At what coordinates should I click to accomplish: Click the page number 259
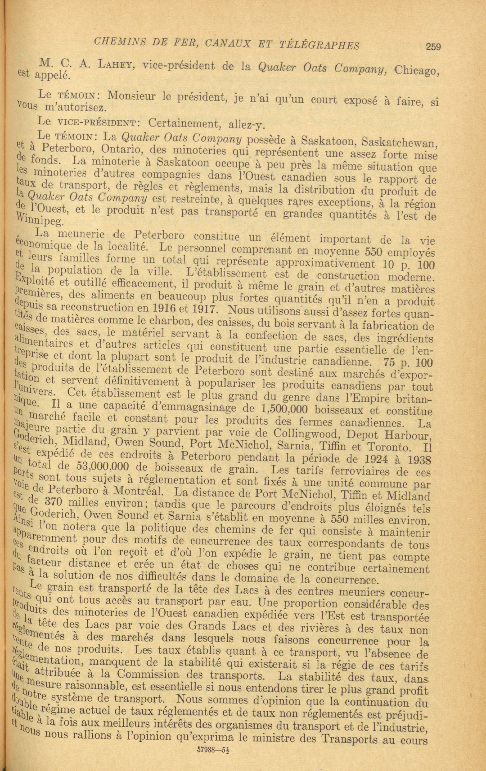tap(433, 47)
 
